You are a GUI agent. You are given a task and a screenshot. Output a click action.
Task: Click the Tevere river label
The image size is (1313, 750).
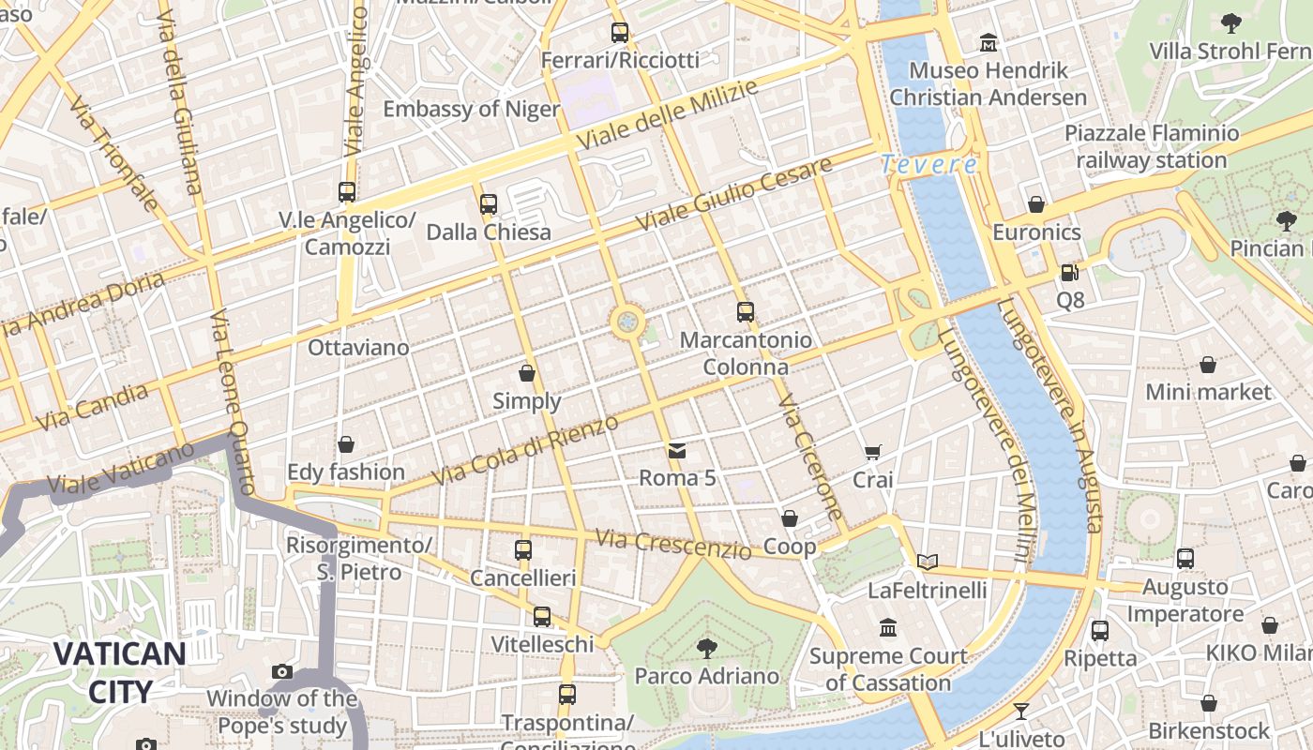929,165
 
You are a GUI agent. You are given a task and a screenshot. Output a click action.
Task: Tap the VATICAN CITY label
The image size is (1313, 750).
119,672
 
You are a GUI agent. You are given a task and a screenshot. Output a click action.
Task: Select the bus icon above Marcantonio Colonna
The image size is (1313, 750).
746,312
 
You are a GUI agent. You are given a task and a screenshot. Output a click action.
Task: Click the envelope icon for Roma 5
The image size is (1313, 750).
677,451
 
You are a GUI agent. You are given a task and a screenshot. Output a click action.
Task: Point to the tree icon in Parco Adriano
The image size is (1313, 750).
706,648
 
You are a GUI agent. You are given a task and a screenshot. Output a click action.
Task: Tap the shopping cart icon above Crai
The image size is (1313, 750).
872,453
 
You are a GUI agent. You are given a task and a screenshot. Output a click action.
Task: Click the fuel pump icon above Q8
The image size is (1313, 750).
1069,273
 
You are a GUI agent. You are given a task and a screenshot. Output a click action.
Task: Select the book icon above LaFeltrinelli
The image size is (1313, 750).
928,562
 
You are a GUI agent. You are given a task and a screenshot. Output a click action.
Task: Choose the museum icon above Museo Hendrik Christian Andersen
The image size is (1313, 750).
989,43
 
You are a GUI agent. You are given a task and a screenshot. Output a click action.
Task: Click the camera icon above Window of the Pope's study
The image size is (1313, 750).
281,671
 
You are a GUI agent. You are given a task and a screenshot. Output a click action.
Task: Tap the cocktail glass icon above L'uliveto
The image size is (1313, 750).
1021,712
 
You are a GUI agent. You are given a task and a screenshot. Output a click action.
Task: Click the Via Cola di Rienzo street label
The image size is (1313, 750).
525,451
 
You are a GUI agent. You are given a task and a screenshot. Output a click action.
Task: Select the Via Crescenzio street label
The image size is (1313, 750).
672,543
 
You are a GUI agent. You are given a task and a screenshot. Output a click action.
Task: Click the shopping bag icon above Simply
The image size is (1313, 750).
527,373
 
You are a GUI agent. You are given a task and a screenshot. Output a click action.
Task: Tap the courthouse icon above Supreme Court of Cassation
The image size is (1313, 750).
887,628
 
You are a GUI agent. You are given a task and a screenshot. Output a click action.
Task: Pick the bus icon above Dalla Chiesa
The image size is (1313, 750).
488,203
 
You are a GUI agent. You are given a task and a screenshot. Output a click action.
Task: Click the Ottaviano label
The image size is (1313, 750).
358,348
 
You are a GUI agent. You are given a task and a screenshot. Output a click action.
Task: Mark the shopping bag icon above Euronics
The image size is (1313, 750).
1036,204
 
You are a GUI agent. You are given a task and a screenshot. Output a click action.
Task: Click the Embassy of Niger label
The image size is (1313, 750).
471,109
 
